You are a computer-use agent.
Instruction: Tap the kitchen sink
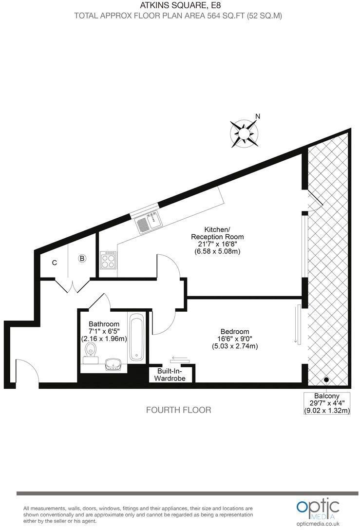click(x=148, y=223)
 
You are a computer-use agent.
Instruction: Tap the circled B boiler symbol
click(x=82, y=259)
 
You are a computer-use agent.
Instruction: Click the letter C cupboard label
click(x=55, y=263)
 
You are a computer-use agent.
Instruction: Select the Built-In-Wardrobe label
click(x=170, y=374)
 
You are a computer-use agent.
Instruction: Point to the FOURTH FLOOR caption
click(x=179, y=410)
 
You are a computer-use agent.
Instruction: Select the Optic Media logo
click(x=317, y=507)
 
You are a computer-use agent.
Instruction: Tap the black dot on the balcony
click(x=326, y=380)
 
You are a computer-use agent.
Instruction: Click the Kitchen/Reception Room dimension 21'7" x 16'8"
click(x=217, y=244)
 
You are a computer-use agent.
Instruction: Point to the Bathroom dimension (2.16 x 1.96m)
click(x=104, y=339)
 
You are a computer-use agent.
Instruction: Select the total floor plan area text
click(x=178, y=16)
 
